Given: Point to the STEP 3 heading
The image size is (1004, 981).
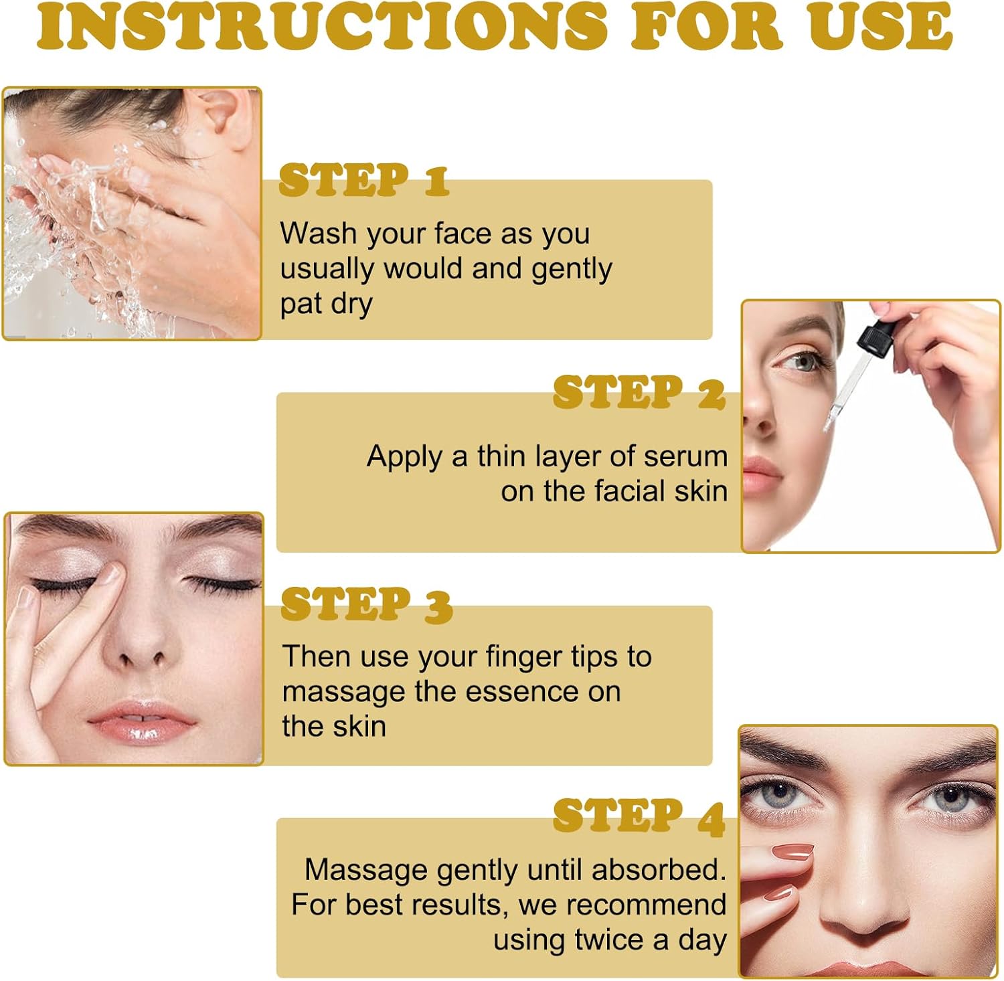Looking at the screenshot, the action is [x=367, y=605].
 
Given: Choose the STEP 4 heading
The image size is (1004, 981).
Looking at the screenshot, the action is [x=639, y=817].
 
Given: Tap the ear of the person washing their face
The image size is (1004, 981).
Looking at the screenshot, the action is [x=226, y=111].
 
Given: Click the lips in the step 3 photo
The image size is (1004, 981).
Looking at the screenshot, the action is [x=141, y=723].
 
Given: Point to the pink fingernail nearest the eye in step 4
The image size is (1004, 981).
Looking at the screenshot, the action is [x=792, y=852].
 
